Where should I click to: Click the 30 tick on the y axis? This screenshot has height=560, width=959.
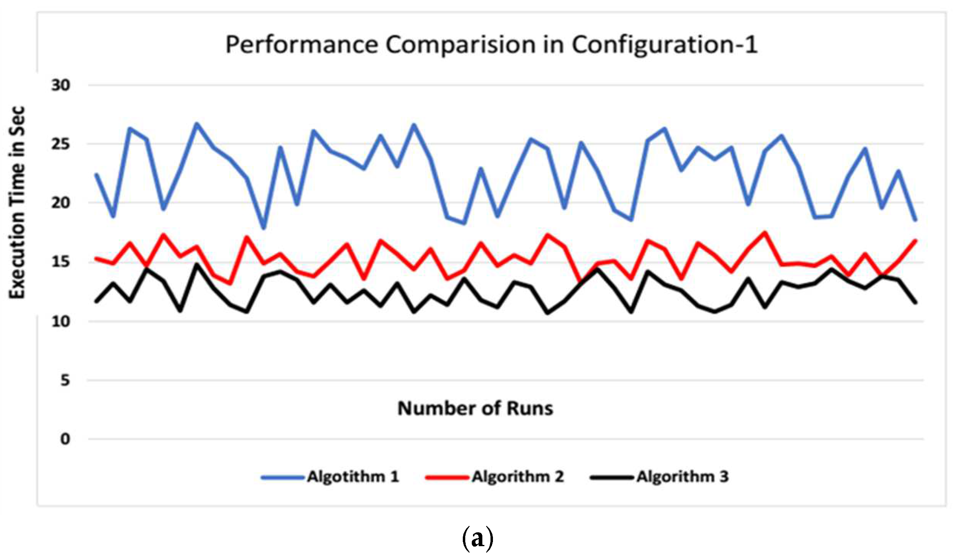click(60, 85)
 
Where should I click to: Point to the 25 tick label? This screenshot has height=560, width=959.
click(60, 144)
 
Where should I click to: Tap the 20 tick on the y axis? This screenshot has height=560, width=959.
click(60, 203)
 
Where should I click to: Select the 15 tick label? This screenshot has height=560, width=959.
click(60, 262)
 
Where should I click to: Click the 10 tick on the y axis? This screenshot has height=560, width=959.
click(60, 322)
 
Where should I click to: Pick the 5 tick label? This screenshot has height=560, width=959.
click(65, 381)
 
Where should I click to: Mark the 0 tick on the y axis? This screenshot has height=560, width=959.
click(65, 439)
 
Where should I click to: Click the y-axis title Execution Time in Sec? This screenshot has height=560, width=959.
click(17, 202)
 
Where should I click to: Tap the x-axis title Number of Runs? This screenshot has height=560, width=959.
click(475, 408)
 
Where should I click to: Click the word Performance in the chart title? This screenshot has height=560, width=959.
click(301, 45)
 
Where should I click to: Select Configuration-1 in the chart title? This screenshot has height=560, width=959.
click(664, 45)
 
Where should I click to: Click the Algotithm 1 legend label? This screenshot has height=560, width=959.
click(353, 477)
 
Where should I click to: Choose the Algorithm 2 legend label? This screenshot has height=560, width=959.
click(518, 477)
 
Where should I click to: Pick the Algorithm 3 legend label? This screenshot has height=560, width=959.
click(682, 477)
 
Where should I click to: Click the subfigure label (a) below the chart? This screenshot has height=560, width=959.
click(477, 538)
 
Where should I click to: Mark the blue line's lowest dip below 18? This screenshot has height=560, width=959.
click(264, 228)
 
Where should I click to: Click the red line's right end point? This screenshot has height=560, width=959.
click(915, 241)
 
